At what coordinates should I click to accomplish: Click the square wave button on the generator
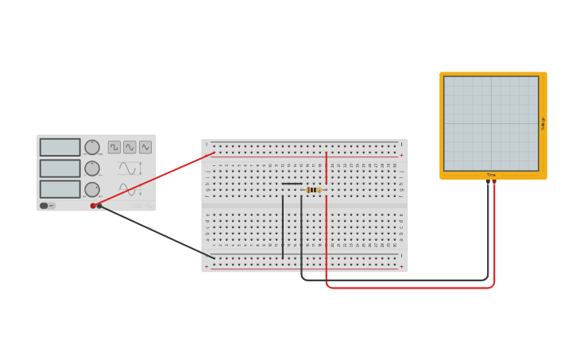(x=114, y=147)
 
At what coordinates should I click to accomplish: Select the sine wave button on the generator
(x=130, y=147)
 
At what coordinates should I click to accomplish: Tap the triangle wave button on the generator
(x=145, y=147)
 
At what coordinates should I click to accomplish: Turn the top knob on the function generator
(x=92, y=147)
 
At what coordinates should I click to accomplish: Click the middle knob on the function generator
(x=92, y=168)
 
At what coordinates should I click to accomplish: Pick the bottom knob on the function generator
(x=92, y=189)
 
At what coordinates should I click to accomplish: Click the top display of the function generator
(x=60, y=147)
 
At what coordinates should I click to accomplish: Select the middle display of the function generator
(x=60, y=168)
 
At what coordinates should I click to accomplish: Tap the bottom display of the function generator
(x=60, y=189)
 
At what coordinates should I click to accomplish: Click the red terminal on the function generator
(x=93, y=206)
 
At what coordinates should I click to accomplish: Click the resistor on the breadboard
(x=314, y=190)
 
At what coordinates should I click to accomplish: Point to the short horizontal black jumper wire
(x=292, y=184)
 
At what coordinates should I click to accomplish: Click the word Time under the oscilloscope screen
(x=491, y=175)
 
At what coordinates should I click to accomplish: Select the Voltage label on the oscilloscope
(x=543, y=123)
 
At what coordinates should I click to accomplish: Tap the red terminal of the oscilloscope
(x=494, y=181)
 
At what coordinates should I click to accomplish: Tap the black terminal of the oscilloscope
(x=488, y=181)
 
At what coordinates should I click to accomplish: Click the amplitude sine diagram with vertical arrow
(x=130, y=168)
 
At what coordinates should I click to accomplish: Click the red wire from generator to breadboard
(x=155, y=179)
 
